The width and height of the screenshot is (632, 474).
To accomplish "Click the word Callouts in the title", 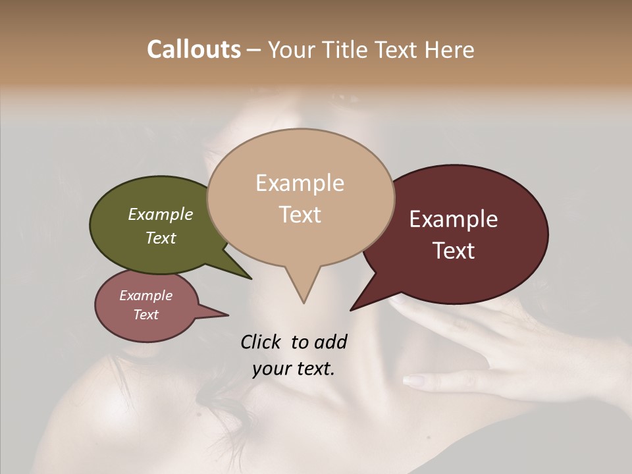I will [x=194, y=49].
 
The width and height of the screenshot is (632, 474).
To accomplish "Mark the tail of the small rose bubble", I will [x=224, y=315].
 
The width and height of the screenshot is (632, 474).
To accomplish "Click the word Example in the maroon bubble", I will [x=454, y=219].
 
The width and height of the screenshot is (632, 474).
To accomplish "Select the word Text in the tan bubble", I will [x=300, y=215].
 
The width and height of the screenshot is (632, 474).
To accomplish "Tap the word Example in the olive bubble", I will [x=161, y=214].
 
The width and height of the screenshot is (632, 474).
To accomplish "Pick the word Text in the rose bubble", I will [x=146, y=315].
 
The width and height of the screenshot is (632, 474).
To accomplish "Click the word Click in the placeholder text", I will [x=261, y=342].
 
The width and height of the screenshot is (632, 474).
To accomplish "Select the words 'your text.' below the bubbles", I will [x=294, y=369].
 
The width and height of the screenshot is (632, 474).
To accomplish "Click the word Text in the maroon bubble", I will [x=454, y=251].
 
